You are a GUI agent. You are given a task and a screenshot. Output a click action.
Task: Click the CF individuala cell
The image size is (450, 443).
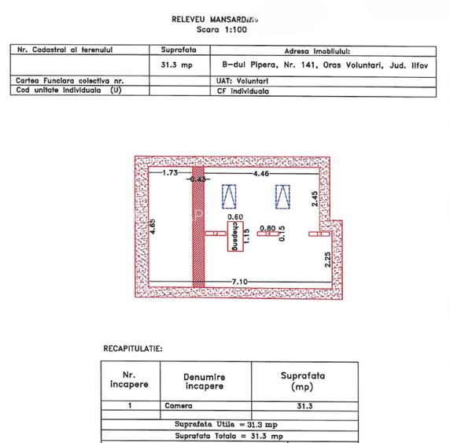click(243, 90)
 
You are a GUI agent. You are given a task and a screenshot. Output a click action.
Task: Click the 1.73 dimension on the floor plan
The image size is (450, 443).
click(171, 172)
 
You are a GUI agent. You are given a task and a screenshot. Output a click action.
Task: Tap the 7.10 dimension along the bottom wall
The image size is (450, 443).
click(239, 282)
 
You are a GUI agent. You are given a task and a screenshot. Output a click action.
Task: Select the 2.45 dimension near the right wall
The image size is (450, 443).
click(314, 199)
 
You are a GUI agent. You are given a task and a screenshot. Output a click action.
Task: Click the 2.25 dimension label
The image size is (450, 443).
click(328, 259)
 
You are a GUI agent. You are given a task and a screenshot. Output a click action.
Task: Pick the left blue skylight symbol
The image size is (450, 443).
click(230, 195)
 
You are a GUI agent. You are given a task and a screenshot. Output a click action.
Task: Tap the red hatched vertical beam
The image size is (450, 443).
click(198, 228)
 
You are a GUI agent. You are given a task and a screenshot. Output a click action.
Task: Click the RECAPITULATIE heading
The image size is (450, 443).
click(133, 347)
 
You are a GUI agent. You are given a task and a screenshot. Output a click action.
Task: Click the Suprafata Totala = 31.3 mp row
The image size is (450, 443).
click(229, 434)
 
